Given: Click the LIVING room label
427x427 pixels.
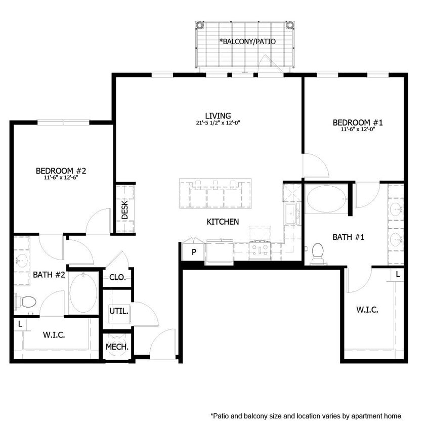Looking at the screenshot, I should [x=218, y=116].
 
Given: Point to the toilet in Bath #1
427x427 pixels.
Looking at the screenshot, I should [x=318, y=252].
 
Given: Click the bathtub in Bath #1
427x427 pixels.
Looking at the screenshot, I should [x=326, y=198].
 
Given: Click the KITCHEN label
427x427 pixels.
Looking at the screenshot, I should [x=223, y=222].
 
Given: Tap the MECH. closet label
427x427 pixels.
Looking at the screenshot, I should [x=117, y=347].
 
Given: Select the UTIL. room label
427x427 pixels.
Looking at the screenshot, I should [x=119, y=311].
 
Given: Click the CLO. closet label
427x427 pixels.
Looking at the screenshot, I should [x=117, y=278].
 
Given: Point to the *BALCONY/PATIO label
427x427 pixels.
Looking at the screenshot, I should [x=247, y=41].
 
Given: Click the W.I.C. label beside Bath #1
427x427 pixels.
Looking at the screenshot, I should [x=367, y=310].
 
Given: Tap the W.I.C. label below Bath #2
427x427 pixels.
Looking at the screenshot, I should [x=54, y=335].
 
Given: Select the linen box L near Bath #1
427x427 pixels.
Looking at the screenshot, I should [x=398, y=274].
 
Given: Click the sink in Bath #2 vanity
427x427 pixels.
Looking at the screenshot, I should [x=21, y=261].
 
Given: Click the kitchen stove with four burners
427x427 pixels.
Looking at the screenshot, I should [x=260, y=249].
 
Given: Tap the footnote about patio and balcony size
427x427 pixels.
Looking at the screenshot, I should [x=306, y=416].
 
